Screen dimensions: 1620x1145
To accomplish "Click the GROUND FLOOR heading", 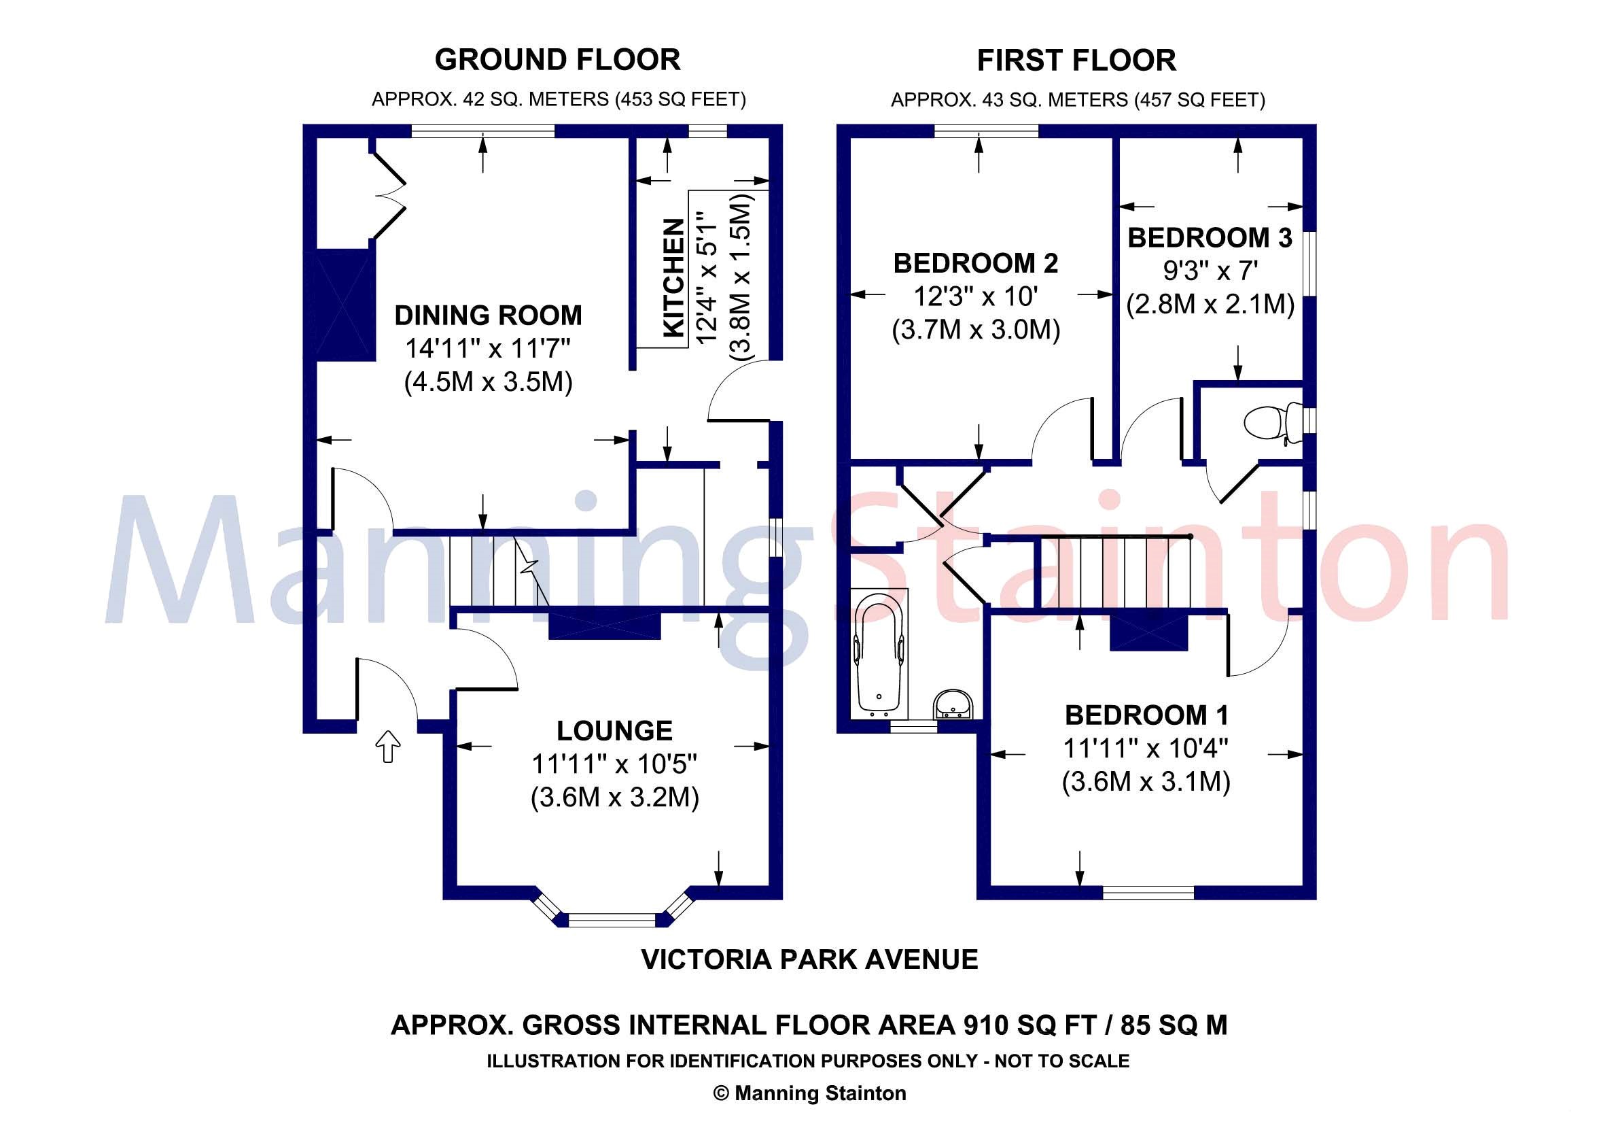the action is (557, 60).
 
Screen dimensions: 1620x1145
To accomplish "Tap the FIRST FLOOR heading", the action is (1076, 61).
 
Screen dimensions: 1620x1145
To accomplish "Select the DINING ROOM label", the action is (489, 315).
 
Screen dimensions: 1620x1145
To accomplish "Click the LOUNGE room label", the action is (614, 731).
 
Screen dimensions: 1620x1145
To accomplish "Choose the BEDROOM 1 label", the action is (1146, 715).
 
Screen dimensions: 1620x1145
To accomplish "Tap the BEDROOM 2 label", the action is (976, 263).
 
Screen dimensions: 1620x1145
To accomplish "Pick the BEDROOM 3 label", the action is (1210, 238).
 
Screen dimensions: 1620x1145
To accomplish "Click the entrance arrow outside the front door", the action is (387, 746).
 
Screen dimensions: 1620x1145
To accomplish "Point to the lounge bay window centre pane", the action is (612, 920).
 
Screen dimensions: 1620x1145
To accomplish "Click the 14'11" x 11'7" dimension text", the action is (487, 348).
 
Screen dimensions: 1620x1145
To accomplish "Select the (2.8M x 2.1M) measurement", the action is (1210, 304).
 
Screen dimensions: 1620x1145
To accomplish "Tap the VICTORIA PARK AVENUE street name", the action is (809, 959).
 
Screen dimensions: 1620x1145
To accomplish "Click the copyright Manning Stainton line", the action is (810, 1093).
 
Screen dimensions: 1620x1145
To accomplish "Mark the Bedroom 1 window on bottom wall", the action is (1148, 892).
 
